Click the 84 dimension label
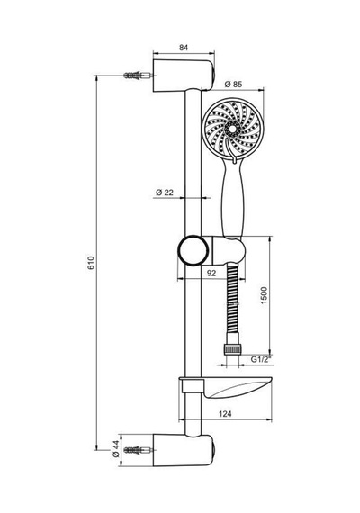pos(184,48)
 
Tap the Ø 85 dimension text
pos(233,85)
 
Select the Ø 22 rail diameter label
pos(165,193)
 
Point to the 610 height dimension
pos(91,263)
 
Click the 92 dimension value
pos(211,273)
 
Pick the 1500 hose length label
pos(264,295)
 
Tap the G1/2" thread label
pos(262,359)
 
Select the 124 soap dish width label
pos(225,414)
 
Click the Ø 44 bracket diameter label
pos(115,449)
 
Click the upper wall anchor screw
pos(138,76)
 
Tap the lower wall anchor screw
pos(138,450)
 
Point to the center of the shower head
pos(233,129)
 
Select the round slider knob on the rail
pos(193,250)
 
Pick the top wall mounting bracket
pos(184,76)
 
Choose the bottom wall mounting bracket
pos(184,450)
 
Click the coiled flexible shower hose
pos(232,303)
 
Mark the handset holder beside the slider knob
pos(228,250)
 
